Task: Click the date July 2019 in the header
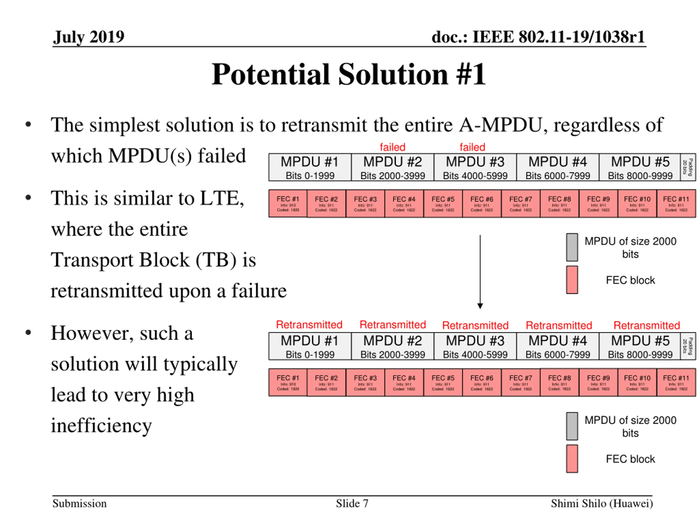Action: tap(88, 37)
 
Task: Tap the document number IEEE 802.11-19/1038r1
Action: tap(538, 37)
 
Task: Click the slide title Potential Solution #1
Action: tap(349, 74)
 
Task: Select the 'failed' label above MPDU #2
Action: tap(392, 147)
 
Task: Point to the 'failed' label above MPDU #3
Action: tap(472, 147)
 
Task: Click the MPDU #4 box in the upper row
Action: tap(558, 167)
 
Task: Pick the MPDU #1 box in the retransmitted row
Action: tap(310, 346)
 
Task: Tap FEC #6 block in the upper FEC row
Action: tap(482, 203)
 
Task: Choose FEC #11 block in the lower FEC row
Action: tap(676, 382)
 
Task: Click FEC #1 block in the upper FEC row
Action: tap(288, 203)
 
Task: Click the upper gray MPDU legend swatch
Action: tap(572, 247)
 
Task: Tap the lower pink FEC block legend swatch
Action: tap(572, 459)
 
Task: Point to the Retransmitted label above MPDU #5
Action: tap(647, 325)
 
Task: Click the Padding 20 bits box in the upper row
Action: tap(688, 167)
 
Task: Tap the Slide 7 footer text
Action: tap(352, 503)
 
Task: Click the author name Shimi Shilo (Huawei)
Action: tap(602, 503)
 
